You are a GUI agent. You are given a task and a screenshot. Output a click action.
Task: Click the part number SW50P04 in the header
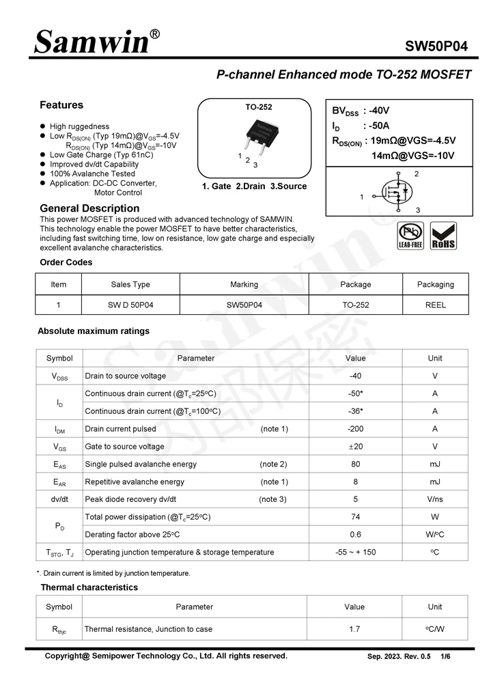(x=436, y=46)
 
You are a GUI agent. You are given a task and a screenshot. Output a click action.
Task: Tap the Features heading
(x=61, y=105)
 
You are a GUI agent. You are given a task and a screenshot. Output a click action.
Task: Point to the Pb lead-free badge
(x=410, y=236)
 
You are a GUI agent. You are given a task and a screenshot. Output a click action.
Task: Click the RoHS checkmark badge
(x=444, y=236)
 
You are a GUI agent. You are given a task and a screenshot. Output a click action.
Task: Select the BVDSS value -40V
(x=380, y=111)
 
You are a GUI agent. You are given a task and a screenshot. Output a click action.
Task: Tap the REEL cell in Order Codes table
(x=435, y=305)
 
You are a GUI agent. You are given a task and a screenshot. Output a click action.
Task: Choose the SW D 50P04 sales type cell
(x=130, y=305)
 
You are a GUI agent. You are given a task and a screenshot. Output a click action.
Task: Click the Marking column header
(x=244, y=285)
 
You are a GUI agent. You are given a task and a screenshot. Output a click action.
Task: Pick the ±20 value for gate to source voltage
(x=355, y=447)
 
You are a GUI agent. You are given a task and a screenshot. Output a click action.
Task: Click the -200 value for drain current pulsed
(x=355, y=429)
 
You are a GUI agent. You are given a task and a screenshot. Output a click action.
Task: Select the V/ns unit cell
(x=434, y=499)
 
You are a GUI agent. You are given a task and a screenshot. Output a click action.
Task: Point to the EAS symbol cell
(x=59, y=464)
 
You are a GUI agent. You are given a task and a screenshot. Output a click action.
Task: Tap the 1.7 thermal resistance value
(x=354, y=629)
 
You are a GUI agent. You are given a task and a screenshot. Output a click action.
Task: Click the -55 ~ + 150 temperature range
(x=355, y=552)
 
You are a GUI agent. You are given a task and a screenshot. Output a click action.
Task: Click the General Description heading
(x=89, y=208)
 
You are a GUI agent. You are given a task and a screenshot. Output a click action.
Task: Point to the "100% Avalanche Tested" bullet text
(x=92, y=174)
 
